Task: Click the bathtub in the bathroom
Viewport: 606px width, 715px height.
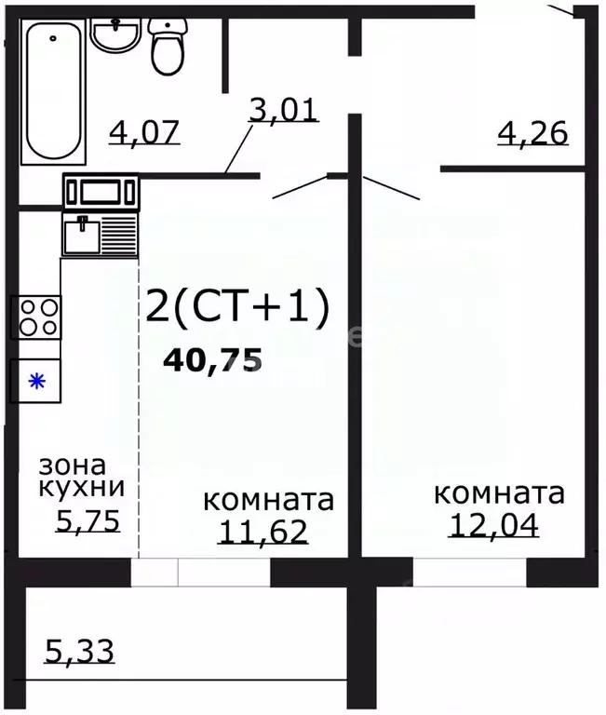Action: click(x=52, y=90)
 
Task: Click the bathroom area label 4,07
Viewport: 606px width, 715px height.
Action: click(x=144, y=131)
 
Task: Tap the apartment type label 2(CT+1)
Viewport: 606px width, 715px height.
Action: click(x=237, y=308)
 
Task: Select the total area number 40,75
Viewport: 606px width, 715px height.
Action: click(x=212, y=359)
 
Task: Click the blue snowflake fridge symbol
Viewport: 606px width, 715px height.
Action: click(x=36, y=380)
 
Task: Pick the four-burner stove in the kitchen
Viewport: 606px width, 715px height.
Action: click(x=36, y=317)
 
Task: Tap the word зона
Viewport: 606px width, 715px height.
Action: click(x=73, y=464)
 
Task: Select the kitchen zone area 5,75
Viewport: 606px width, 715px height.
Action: click(x=88, y=520)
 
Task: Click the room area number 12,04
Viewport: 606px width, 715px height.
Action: click(x=493, y=525)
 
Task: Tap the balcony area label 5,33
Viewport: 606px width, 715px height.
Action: click(x=79, y=650)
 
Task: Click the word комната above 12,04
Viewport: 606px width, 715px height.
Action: click(x=499, y=492)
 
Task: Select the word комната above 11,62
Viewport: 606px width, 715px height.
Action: click(x=268, y=500)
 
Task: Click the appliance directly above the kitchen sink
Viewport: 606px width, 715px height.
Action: click(x=101, y=192)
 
